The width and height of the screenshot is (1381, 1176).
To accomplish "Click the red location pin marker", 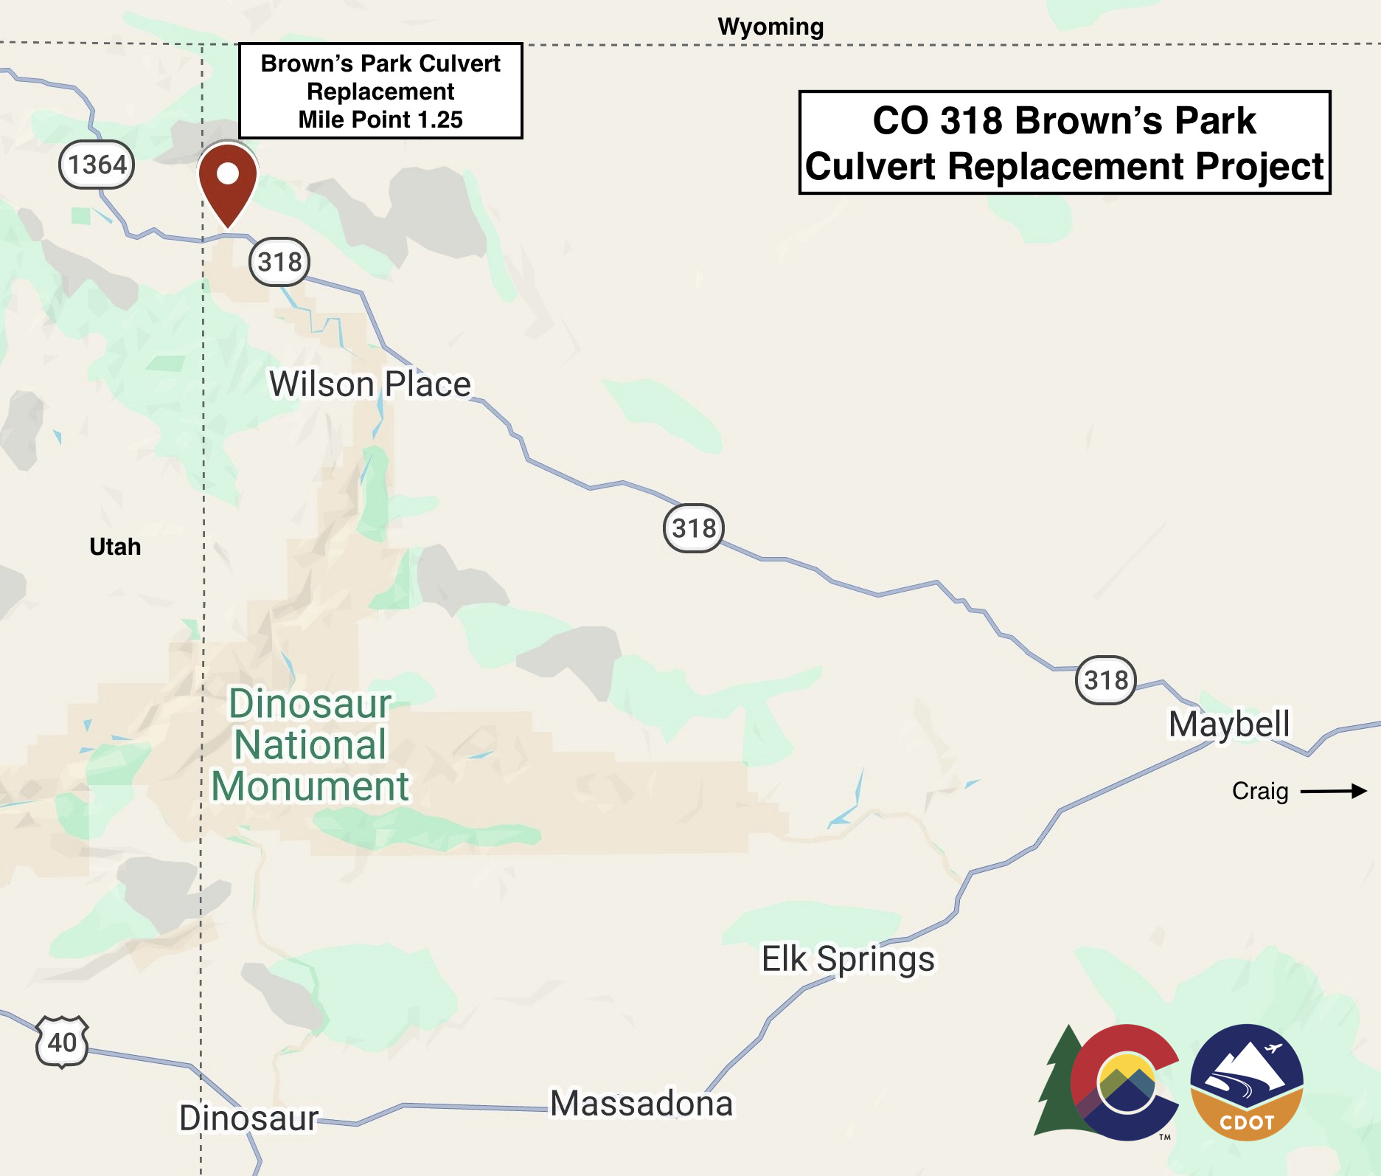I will pos(228,181).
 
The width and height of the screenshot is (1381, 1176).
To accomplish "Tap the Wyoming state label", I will pos(770,27).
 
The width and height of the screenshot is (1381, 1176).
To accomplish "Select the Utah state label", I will pos(115,547).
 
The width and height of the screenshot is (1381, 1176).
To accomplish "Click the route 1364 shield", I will pos(97,165).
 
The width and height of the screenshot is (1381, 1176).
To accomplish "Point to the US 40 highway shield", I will pos(62,1042).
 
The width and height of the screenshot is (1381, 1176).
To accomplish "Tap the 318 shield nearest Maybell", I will pos(1105,679).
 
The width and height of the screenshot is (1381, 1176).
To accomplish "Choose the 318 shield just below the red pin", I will pos(279,262).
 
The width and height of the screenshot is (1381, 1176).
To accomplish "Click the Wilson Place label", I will pos(369,384).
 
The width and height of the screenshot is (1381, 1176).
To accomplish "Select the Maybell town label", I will pos(1229,724).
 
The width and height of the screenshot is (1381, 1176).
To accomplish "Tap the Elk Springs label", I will pos(848,959).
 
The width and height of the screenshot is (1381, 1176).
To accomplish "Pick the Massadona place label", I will pos(641,1104).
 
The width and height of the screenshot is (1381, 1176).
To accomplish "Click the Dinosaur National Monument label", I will pos(310,744).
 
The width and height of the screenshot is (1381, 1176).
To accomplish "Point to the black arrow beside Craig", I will pos(1333,792).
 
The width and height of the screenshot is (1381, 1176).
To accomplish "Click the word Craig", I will pos(1260,792).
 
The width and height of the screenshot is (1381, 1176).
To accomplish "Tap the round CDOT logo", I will pos(1247,1082).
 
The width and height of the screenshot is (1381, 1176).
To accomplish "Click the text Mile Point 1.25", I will pos(380,120).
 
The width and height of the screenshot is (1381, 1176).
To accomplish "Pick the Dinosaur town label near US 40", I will pos(248,1118).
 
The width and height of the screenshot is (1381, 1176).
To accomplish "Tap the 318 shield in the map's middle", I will pos(694,528).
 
